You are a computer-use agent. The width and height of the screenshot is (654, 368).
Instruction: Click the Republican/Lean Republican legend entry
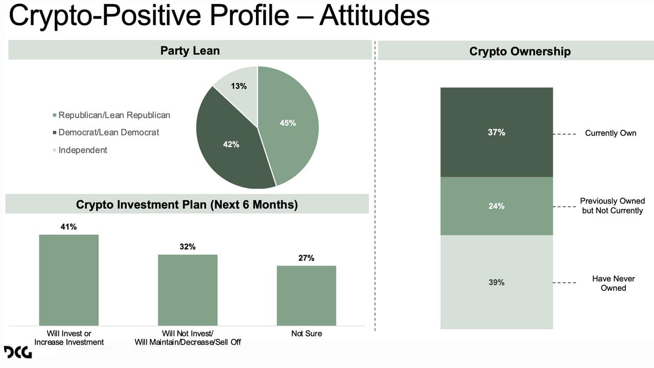pos(114,115)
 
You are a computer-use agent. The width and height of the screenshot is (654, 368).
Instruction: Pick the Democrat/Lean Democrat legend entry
pos(108,132)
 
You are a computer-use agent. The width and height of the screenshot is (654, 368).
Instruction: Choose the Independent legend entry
pos(83,150)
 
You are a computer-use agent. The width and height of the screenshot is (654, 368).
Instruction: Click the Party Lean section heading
pos(190,51)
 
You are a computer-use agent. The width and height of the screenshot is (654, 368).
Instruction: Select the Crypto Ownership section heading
pos(520,51)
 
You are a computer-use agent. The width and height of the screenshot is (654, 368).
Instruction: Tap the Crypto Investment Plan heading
pos(186,204)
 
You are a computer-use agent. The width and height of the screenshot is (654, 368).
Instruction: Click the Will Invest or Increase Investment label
pos(68,338)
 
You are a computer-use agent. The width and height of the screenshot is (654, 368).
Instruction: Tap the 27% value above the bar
pos(306,258)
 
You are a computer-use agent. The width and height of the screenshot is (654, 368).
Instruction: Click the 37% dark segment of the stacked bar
pos(496,132)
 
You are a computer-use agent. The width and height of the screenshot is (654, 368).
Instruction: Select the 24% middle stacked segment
pos(496,206)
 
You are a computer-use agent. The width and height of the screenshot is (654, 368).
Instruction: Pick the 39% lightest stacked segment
pos(496,282)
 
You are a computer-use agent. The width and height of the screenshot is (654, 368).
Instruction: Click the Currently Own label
pos(610,133)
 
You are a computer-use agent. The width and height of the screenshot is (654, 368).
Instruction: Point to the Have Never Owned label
pos(613,283)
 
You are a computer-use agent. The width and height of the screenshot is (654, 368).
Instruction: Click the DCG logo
pos(18,352)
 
